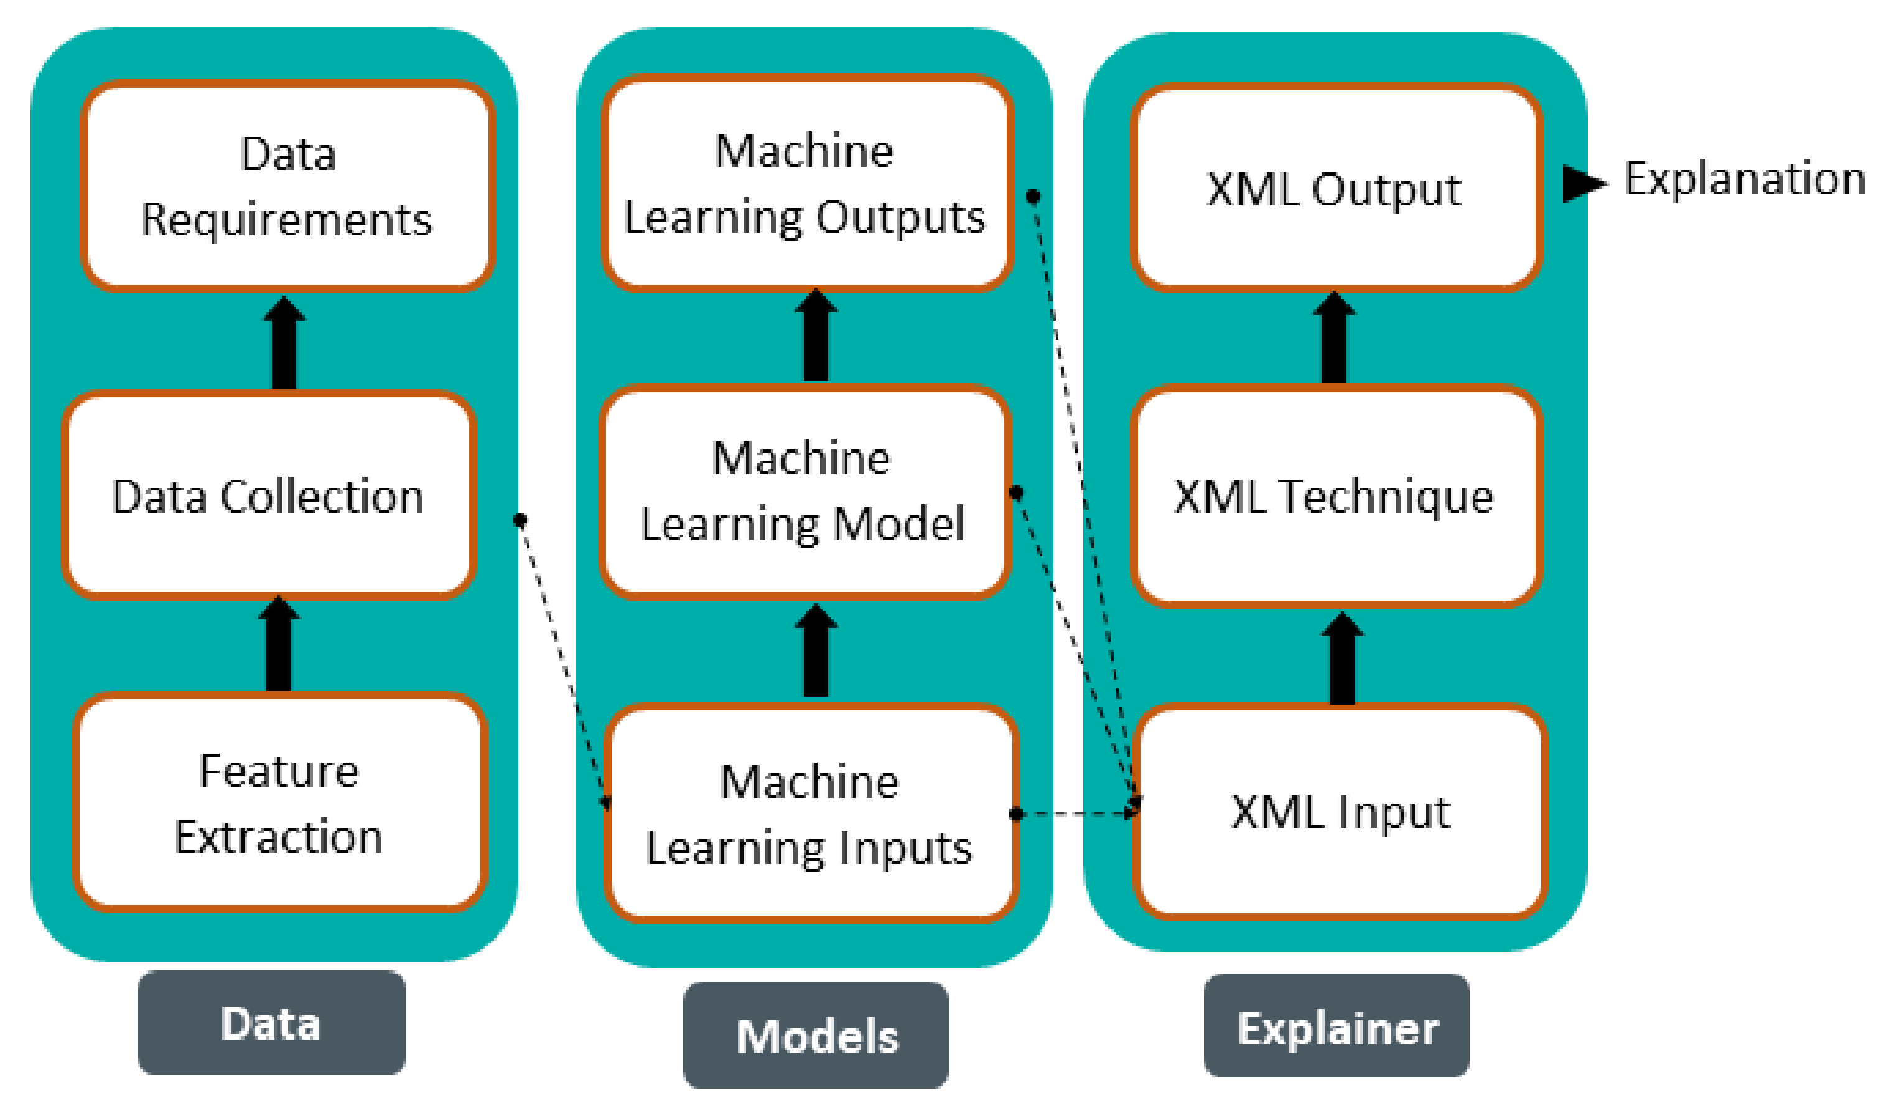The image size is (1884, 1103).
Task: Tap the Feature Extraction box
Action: click(x=279, y=804)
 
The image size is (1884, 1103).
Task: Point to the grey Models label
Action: click(x=816, y=1036)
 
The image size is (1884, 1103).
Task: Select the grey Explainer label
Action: click(x=1336, y=1029)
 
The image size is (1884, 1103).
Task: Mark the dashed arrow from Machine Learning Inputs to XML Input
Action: click(x=1076, y=814)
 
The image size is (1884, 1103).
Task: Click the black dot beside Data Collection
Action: click(x=520, y=520)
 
